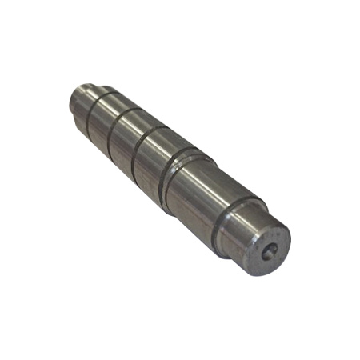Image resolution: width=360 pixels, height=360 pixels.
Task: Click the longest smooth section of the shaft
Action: coord(192,192)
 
